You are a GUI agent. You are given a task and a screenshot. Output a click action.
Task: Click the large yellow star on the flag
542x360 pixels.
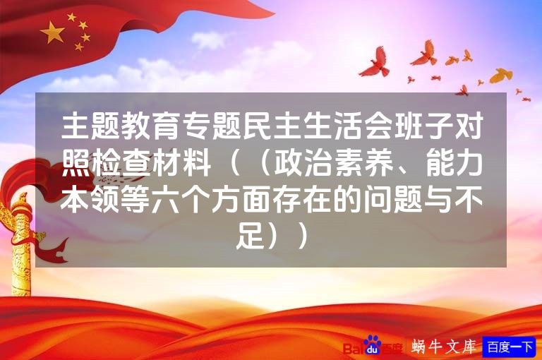tap(52, 32)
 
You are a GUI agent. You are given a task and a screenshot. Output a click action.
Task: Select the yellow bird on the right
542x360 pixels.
tap(500, 75)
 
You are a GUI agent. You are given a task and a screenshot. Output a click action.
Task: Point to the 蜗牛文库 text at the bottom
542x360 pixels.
tap(444, 347)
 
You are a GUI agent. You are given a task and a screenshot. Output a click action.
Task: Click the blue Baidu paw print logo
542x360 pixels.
tap(372, 346)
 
